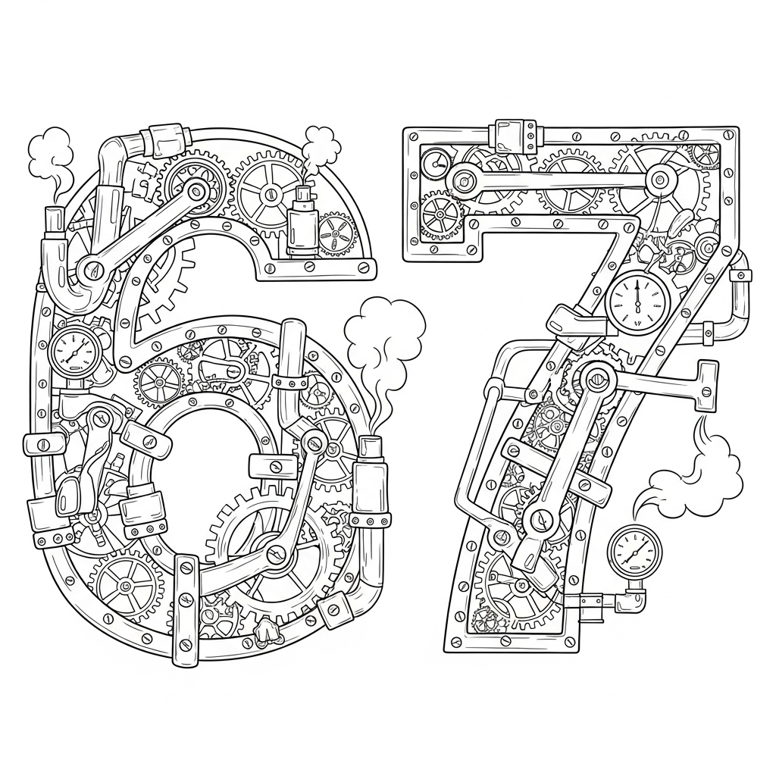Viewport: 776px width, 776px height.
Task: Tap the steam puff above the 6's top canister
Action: [321, 140]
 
